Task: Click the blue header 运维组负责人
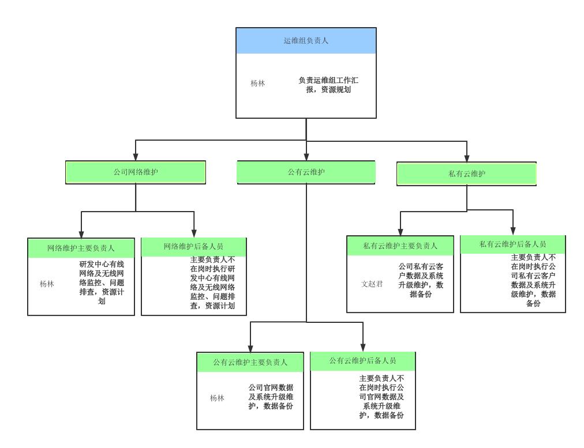coord(306,41)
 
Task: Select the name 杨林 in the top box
coord(257,83)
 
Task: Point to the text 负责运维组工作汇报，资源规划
coord(328,85)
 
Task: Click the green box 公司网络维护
coord(136,172)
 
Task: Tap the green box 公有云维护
coord(306,172)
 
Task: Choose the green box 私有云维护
coord(466,174)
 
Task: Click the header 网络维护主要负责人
coord(81,248)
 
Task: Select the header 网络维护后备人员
coord(193,247)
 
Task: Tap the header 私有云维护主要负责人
coord(400,246)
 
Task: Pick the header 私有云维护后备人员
coord(512,244)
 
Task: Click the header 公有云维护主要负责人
coord(250,362)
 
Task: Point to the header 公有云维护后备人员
coord(362,360)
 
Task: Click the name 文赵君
coord(372,284)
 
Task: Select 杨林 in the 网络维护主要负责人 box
coord(47,284)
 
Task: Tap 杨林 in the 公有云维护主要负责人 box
coord(217,398)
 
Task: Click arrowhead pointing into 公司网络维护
coord(136,157)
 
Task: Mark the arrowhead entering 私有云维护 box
coord(467,159)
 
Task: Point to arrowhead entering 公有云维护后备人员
coord(363,348)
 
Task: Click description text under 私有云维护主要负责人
coord(421,280)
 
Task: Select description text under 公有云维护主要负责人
coord(271,397)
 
